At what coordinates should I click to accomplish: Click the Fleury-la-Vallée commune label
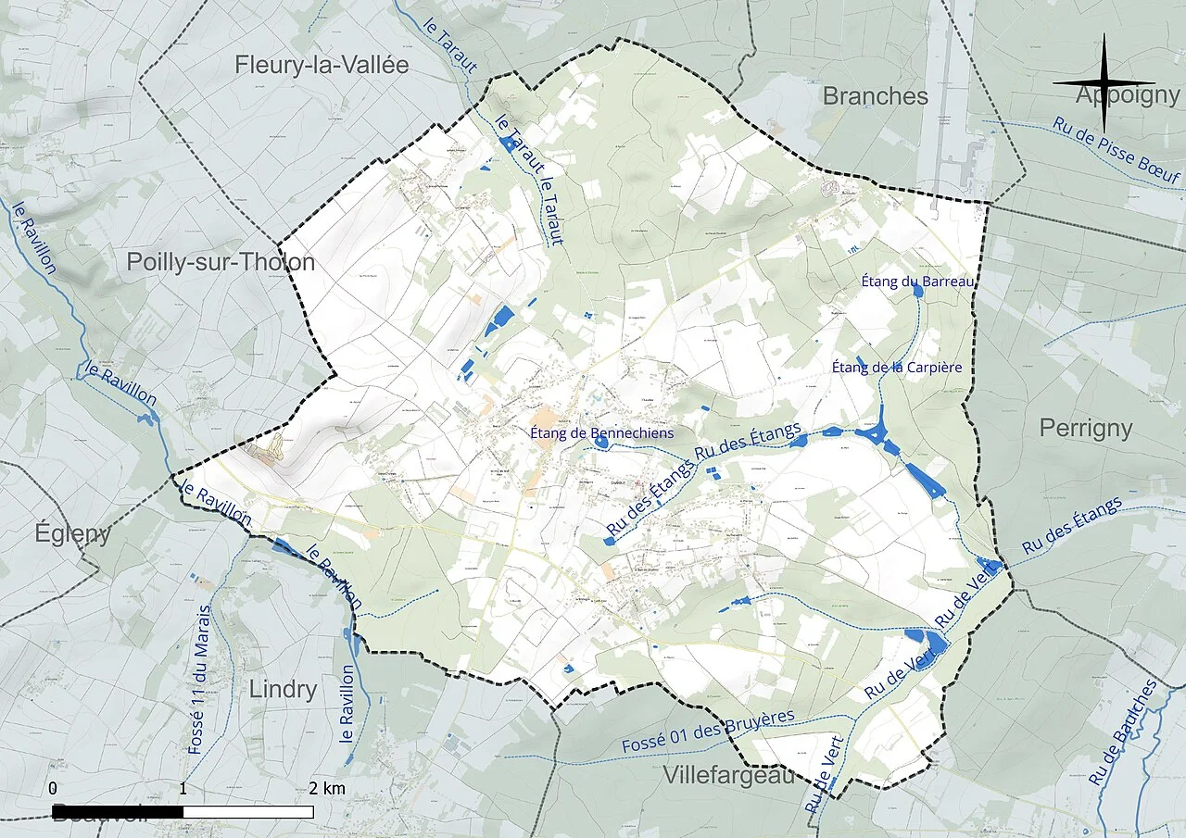tap(321, 66)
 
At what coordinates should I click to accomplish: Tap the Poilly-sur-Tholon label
tap(221, 263)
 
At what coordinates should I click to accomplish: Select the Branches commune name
tap(875, 96)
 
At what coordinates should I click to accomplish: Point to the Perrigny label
tap(1086, 428)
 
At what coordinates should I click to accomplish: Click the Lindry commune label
tap(283, 690)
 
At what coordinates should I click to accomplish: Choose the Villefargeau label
tap(728, 775)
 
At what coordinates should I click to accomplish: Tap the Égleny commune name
tap(72, 533)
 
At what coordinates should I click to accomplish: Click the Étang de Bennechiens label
tap(601, 432)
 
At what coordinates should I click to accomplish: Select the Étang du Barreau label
tap(917, 281)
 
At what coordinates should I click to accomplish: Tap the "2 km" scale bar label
tap(327, 789)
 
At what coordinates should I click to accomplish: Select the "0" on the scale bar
tap(53, 789)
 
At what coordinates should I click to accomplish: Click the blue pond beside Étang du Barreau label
tap(917, 291)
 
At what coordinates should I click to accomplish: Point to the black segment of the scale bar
tap(118, 811)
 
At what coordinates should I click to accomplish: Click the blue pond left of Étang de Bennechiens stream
tap(600, 443)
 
